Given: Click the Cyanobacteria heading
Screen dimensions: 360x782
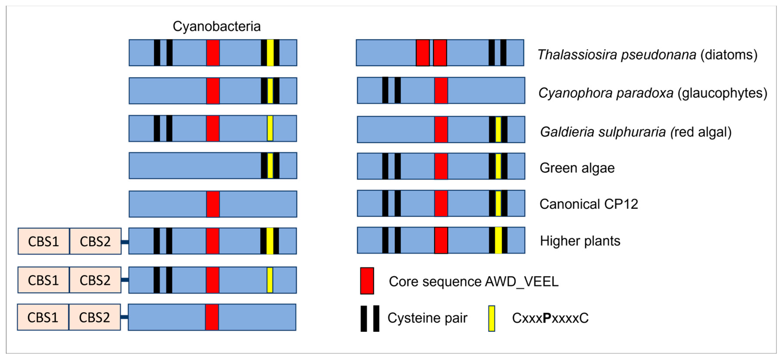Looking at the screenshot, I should click(217, 26).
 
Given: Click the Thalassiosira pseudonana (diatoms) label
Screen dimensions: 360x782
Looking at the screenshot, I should click(647, 55).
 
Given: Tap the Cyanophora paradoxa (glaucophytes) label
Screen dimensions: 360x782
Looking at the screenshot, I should click(653, 93).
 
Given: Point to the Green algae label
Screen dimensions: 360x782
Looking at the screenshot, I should click(577, 168).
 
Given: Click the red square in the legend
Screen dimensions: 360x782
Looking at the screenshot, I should click(367, 281).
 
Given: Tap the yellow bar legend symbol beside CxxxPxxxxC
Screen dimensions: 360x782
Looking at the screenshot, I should click(491, 318).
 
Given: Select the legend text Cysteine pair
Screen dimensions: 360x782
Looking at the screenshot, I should click(427, 318).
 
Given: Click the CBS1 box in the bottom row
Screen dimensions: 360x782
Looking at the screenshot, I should click(43, 317).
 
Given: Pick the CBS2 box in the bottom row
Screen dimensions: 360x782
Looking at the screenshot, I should click(94, 317).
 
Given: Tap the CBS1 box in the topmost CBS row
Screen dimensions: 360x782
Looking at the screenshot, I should click(43, 241).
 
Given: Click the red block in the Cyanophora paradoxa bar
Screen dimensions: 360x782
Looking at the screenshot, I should click(441, 90).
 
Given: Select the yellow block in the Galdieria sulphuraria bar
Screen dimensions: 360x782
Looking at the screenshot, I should click(498, 130).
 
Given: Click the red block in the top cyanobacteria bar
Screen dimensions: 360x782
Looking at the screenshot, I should click(213, 53).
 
